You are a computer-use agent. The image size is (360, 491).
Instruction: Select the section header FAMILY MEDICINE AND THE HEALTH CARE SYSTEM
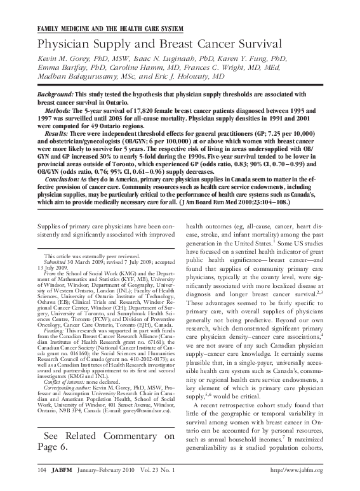click(x=110, y=30)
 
